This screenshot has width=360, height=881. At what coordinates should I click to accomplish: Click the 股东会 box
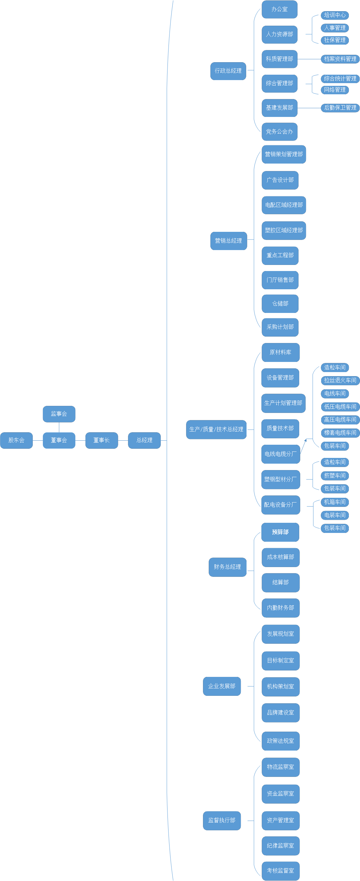click(17, 440)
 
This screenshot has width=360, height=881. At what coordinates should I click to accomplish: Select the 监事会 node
click(59, 414)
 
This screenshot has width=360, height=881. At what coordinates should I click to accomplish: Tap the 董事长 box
click(102, 440)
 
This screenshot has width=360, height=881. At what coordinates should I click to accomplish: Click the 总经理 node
click(144, 440)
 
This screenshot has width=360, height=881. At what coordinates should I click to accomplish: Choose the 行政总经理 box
click(228, 71)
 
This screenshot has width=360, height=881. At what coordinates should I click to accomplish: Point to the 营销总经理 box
click(228, 241)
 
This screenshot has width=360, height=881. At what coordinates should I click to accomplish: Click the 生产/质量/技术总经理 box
click(216, 429)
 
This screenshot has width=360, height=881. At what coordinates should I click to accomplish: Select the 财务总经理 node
click(227, 567)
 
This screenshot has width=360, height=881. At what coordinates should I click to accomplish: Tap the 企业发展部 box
click(222, 686)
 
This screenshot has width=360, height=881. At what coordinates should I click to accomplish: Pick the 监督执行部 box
click(222, 820)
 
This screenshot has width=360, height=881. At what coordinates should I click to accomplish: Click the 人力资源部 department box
click(279, 34)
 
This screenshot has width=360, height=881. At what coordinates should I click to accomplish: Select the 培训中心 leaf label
click(335, 15)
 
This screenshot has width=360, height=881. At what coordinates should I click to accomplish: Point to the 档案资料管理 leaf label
click(340, 59)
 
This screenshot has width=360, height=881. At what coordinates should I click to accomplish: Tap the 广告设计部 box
click(280, 180)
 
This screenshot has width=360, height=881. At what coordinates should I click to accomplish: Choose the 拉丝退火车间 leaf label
click(340, 380)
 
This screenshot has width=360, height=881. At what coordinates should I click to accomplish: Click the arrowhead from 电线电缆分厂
click(305, 441)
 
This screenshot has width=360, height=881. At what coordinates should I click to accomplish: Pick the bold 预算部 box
click(280, 532)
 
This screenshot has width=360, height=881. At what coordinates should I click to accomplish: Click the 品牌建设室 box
click(280, 713)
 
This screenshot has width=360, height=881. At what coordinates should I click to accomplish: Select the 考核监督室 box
click(280, 871)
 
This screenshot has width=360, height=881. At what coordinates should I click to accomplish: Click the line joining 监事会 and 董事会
click(59, 427)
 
